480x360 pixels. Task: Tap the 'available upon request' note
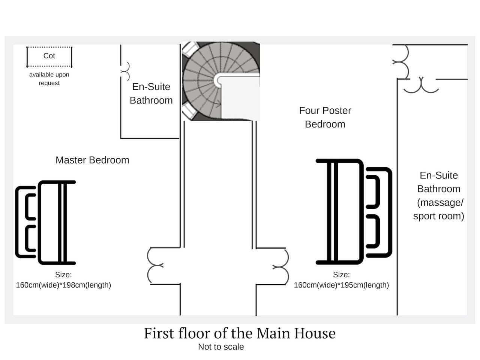[x=49, y=79]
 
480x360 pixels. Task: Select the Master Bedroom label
[x=92, y=160]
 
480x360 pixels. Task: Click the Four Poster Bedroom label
[x=325, y=117]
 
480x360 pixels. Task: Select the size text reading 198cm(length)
[x=87, y=285]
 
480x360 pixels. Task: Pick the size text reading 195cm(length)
[x=364, y=285]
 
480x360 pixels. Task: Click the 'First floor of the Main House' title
[x=240, y=333]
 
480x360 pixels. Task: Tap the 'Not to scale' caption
[x=221, y=347]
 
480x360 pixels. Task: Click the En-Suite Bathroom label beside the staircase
[x=151, y=93]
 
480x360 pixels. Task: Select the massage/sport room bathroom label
[x=439, y=196]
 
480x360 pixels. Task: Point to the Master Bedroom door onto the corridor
[x=148, y=265]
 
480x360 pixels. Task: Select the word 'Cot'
[x=49, y=56]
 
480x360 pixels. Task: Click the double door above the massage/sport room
[x=421, y=87]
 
